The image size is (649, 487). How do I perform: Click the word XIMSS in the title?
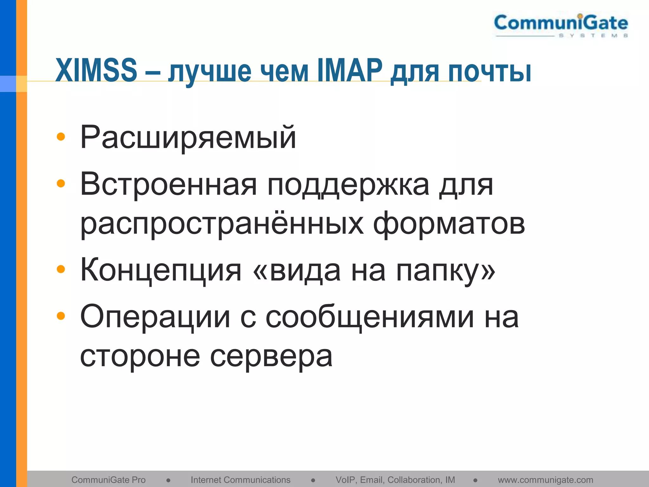coord(96,70)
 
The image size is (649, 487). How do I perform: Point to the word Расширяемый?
coord(188,138)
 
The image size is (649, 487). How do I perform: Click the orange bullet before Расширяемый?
coord(61,137)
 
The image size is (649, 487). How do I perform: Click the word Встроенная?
coord(168,185)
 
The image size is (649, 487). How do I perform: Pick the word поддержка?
coord(349,186)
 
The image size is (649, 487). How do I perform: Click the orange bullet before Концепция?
coord(61,269)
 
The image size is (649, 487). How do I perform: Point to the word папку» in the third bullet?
coord(446,271)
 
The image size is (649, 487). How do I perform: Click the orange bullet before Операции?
coord(61,316)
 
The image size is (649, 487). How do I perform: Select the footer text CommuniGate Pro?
coord(108,480)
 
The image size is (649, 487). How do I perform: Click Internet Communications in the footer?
coord(241,480)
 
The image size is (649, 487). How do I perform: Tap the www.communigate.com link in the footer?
coord(545,480)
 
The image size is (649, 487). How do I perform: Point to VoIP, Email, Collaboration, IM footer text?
coord(395,480)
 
